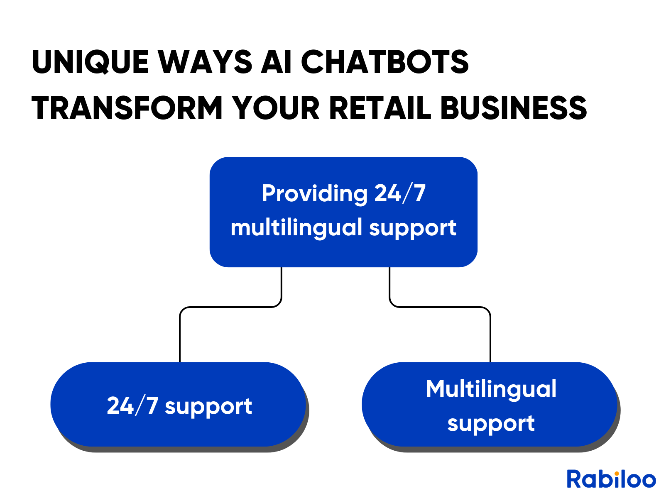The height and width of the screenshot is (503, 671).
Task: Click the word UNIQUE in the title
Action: coord(90,62)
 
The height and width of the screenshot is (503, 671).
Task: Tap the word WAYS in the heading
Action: coord(205,62)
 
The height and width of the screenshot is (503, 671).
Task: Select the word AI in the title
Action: coord(276,62)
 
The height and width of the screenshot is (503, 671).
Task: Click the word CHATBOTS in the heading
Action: coord(385,62)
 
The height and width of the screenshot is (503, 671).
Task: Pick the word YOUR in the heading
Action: coord(276,108)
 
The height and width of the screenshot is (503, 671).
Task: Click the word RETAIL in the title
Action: coord(380,108)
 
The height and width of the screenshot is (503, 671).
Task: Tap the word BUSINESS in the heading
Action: coord(514,108)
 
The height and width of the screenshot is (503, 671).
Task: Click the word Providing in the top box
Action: coord(315,194)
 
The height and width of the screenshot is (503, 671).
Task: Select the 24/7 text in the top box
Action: coord(400,193)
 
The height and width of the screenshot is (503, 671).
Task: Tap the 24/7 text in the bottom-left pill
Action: coord(132,406)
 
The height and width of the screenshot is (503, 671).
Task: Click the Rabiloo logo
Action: coord(611,479)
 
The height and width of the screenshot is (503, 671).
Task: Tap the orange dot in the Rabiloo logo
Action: coord(617,474)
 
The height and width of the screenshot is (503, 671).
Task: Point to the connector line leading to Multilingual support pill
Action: coord(440,307)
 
